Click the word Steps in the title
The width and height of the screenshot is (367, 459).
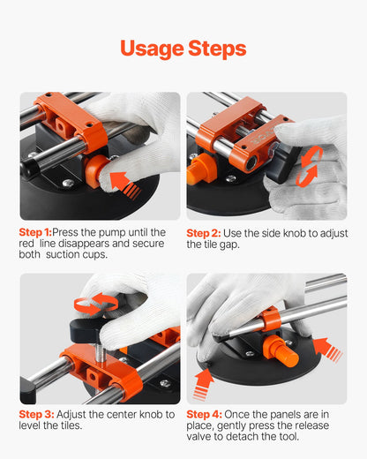click(216, 49)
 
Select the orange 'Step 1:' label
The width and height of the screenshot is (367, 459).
click(35, 233)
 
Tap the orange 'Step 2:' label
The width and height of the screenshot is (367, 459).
click(204, 233)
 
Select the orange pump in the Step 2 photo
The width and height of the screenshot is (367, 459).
click(201, 168)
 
